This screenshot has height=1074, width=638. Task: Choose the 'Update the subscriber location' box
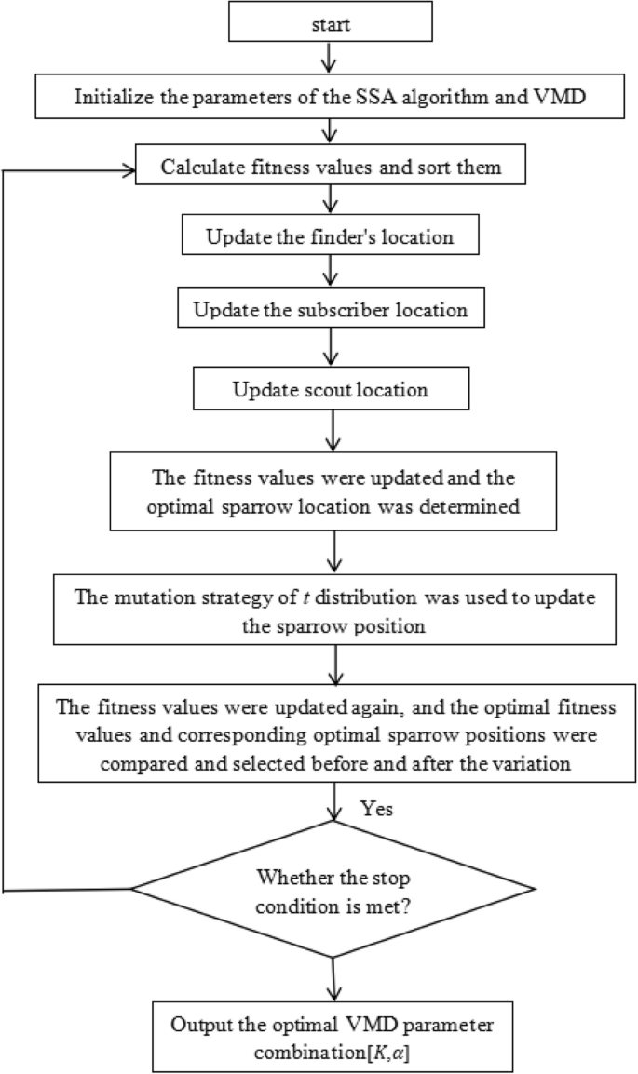333,307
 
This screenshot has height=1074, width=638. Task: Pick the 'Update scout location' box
333,389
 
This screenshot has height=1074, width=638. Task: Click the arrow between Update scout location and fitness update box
333,429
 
